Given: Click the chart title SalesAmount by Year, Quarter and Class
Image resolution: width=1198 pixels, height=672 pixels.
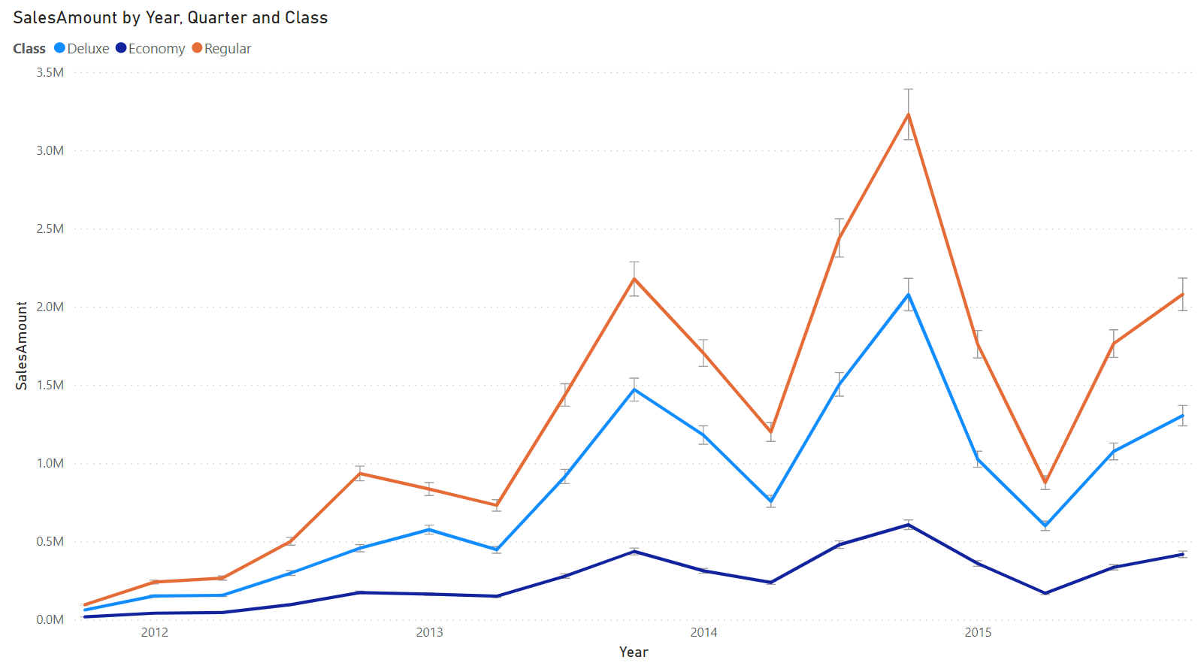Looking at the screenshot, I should click(171, 17).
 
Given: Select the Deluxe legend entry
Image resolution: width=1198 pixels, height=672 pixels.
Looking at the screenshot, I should click(82, 49).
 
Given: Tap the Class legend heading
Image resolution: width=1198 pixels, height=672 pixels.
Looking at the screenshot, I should click(29, 49).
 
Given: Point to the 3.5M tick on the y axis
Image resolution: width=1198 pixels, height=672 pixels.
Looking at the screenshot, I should click(50, 73).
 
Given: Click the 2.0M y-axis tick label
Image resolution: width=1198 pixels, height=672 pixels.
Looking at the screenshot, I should click(50, 307).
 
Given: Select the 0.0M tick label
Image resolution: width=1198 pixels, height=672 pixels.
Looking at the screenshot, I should click(50, 619).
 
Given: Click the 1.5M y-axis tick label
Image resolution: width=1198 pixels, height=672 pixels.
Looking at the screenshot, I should click(50, 385).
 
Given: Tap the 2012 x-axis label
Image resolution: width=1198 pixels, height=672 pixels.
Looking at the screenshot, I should click(155, 632).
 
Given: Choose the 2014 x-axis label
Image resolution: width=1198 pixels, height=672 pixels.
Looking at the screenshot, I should click(703, 632).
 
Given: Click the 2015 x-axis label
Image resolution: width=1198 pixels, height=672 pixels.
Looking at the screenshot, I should click(978, 632).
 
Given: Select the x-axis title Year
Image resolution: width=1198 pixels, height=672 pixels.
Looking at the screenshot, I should click(634, 652).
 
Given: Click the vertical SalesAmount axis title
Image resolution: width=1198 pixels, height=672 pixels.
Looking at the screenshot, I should click(22, 346).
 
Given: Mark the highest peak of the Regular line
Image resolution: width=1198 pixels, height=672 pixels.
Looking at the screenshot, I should click(909, 114).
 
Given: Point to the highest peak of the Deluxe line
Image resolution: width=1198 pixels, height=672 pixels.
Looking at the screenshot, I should click(909, 294).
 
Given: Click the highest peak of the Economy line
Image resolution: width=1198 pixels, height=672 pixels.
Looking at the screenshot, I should click(909, 524).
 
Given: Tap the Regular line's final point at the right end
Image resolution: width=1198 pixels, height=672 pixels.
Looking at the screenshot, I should click(1183, 294).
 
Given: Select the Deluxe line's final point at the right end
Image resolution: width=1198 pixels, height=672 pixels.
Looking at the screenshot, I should click(1183, 415).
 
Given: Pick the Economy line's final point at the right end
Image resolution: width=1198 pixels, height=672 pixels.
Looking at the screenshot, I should click(1183, 554).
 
